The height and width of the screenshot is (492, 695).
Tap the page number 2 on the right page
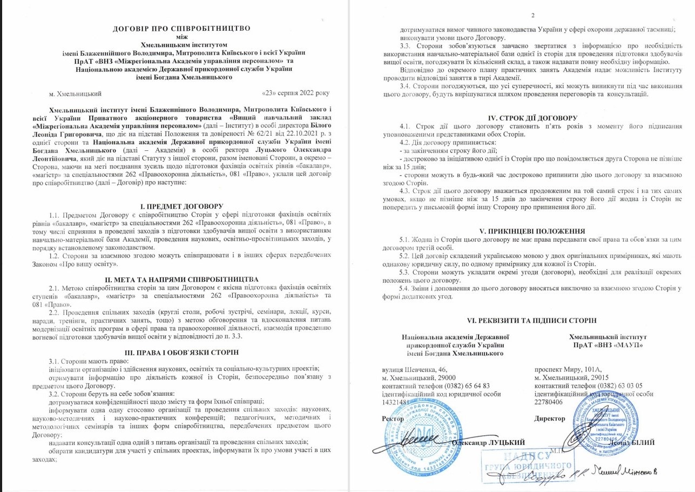[x=532, y=15]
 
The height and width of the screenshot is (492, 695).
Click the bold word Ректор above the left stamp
[x=393, y=418]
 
